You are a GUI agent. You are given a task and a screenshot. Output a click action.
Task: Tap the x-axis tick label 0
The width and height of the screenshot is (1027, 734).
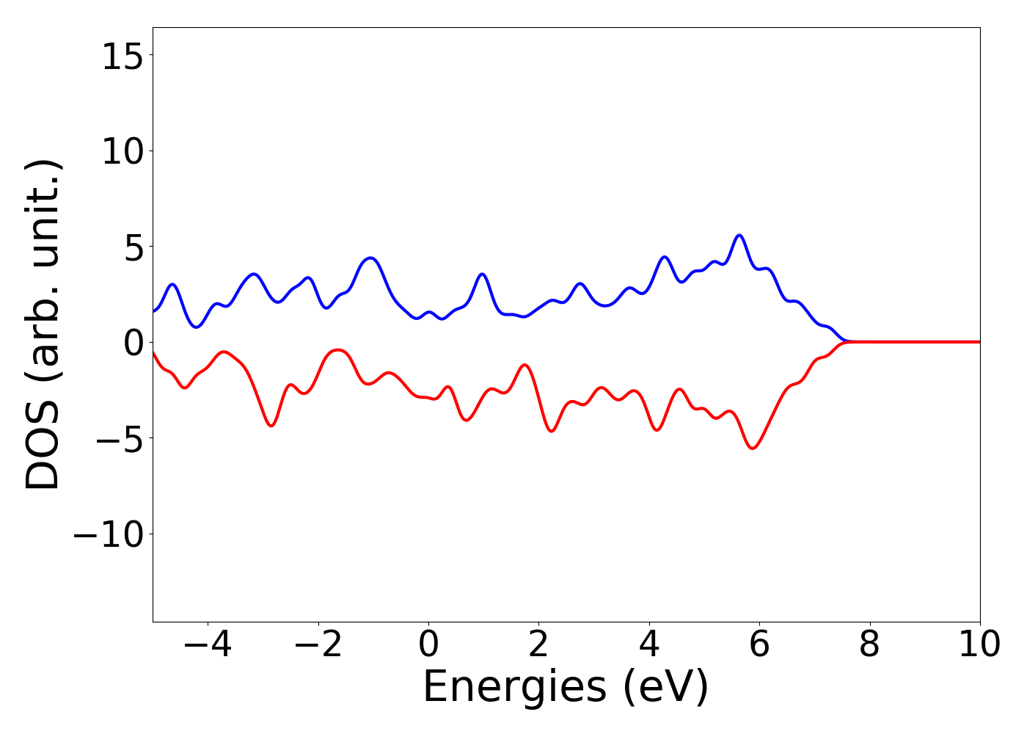point(428,644)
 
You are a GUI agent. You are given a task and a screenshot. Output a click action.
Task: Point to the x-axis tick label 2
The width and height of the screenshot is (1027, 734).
point(538,644)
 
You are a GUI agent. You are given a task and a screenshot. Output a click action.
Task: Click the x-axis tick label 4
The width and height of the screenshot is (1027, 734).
point(649,644)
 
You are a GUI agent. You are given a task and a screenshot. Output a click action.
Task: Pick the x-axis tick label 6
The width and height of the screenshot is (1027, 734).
point(759,644)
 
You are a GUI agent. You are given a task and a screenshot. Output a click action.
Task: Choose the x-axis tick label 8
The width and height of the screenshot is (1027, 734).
point(869,644)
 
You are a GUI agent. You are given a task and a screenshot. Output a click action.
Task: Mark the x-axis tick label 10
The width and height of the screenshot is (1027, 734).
point(979,644)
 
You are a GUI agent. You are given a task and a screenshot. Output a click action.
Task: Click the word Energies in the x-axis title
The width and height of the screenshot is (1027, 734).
point(514,687)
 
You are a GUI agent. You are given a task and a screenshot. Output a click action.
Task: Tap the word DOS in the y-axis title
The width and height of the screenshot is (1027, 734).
point(42,456)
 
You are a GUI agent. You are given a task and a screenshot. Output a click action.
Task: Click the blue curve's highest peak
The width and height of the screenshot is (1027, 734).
point(739,235)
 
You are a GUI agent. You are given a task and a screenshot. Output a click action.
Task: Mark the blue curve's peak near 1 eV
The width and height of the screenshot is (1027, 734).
point(482,274)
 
